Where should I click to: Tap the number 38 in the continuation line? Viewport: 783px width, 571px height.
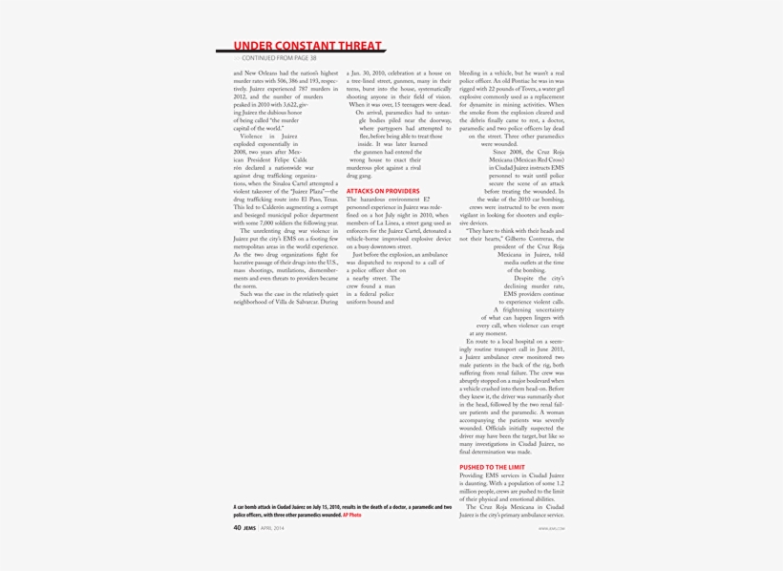[312, 58]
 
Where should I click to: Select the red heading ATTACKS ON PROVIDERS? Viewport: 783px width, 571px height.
[383, 191]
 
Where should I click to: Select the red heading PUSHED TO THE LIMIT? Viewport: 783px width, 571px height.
[492, 468]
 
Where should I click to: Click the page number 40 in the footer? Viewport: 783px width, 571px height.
[237, 526]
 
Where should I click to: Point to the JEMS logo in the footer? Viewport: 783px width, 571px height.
[249, 526]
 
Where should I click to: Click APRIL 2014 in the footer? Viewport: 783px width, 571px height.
[272, 526]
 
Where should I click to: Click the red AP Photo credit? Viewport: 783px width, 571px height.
[352, 515]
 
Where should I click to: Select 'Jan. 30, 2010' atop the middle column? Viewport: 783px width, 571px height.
[366, 74]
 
